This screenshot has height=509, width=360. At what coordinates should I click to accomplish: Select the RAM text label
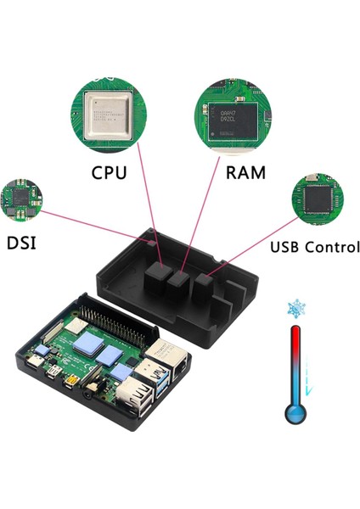point(245,173)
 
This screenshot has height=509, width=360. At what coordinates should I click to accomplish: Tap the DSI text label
point(26,243)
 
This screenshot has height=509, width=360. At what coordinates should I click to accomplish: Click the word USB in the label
point(289,248)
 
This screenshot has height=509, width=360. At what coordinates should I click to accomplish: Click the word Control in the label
point(328,248)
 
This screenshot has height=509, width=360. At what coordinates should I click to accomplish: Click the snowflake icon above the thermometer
point(297,309)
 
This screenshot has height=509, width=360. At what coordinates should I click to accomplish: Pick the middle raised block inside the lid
point(178,285)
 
